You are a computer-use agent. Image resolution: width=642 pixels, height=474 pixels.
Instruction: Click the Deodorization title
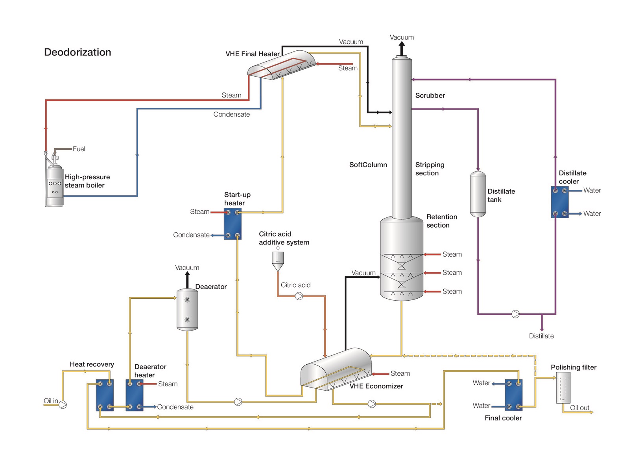tap(77, 52)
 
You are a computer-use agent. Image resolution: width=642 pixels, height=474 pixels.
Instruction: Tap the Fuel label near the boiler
tap(79, 149)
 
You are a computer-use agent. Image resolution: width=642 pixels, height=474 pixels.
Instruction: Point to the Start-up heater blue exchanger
tap(232, 224)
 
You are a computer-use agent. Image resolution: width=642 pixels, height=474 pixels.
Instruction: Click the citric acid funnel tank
tap(278, 260)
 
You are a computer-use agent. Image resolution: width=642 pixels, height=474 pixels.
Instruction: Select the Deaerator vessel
tap(187, 310)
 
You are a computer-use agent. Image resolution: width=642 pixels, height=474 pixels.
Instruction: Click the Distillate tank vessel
tap(478, 194)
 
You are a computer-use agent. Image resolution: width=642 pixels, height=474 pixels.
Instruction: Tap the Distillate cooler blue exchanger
tap(560, 202)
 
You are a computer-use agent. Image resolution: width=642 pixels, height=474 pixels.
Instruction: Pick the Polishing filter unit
tap(563, 388)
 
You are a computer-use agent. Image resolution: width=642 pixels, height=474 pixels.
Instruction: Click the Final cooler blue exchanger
tap(514, 395)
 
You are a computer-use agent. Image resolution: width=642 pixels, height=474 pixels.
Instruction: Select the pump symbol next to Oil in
tap(63, 404)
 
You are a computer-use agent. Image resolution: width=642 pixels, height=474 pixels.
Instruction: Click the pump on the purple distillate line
tap(515, 314)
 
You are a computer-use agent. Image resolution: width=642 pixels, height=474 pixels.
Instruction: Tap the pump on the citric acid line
tap(299, 296)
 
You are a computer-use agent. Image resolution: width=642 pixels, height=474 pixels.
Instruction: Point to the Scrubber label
tap(430, 96)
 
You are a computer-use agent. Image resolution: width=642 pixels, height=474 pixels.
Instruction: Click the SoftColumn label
tap(368, 165)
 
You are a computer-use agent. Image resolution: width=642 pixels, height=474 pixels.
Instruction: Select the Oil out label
tap(579, 408)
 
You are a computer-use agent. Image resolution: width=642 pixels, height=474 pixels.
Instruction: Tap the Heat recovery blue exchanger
tap(105, 395)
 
